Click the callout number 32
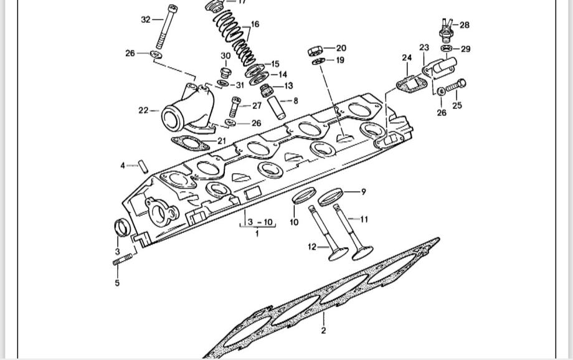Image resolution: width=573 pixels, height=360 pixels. [x=146, y=20]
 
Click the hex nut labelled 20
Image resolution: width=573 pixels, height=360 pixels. [x=315, y=49]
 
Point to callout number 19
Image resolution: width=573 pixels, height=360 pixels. [x=340, y=60]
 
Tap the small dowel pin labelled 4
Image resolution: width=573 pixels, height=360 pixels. [x=142, y=166]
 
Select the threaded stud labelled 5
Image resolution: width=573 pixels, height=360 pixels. [x=124, y=262]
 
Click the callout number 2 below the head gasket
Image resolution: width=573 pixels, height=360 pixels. [x=323, y=331]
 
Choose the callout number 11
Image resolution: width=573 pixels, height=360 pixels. [x=364, y=219]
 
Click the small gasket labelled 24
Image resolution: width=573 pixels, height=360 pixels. [x=408, y=82]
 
